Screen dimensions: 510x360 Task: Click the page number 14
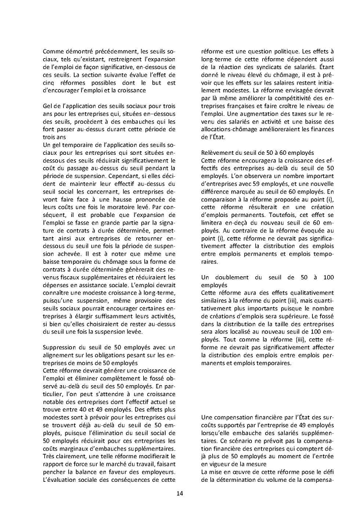[x=179, y=493]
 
